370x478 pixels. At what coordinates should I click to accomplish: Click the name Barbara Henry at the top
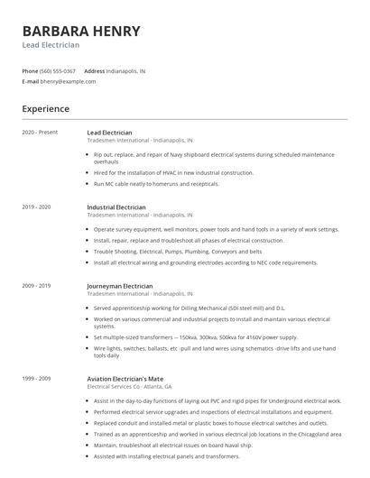[81, 32]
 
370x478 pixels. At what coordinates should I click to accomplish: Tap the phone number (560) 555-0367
[59, 70]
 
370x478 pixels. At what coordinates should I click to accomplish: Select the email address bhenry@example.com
[69, 81]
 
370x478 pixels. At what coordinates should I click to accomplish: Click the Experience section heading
[46, 109]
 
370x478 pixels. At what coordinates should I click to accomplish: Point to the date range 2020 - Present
[40, 132]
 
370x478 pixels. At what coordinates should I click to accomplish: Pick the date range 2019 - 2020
[36, 207]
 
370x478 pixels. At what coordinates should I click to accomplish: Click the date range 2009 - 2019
[36, 285]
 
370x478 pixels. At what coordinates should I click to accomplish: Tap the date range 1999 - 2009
[36, 378]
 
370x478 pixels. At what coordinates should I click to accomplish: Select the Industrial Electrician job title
[120, 207]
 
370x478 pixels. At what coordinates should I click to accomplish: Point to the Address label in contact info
[94, 70]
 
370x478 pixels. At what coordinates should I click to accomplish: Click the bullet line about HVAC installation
[174, 172]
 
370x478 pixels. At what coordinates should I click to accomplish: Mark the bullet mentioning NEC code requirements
[206, 262]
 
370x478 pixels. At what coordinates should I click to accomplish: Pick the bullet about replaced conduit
[210, 422]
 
